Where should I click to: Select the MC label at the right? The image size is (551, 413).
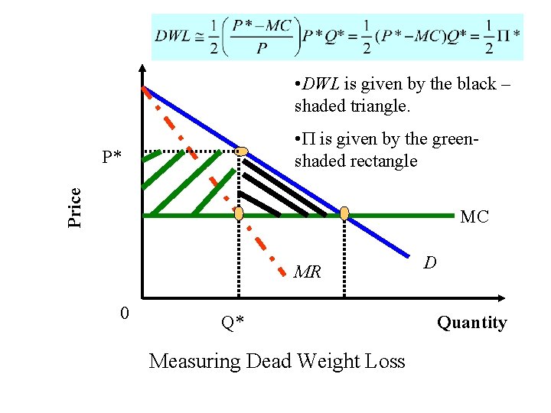474,217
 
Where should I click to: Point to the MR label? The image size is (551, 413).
308,272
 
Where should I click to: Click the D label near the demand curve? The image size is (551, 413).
431,263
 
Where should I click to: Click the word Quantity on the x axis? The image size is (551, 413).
471,323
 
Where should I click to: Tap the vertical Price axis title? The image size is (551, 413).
75,207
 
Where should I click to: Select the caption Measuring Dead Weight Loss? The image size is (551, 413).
276,361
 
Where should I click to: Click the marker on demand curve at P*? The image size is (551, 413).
242,151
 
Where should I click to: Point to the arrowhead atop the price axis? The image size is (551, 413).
142,67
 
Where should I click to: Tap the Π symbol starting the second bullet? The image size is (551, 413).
309,140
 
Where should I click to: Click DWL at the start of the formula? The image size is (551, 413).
173,37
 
